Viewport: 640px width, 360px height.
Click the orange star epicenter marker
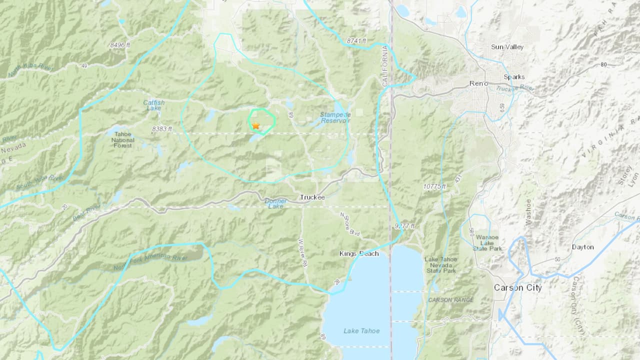click(255, 126)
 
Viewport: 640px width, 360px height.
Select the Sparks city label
click(514, 77)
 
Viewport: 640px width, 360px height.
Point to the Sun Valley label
click(507, 47)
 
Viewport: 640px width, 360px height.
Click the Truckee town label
click(312, 197)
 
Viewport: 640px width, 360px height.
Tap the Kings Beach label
click(359, 254)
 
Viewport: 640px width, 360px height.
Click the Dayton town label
click(582, 247)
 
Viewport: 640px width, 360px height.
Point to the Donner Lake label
click(275, 203)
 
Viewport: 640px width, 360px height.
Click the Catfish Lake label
click(153, 105)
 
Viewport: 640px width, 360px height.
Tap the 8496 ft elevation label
click(120, 45)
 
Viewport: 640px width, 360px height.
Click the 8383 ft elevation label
click(161, 129)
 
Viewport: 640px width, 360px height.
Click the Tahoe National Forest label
click(122, 139)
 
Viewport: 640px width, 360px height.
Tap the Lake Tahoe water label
click(361, 331)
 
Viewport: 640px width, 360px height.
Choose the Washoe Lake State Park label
click(487, 242)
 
